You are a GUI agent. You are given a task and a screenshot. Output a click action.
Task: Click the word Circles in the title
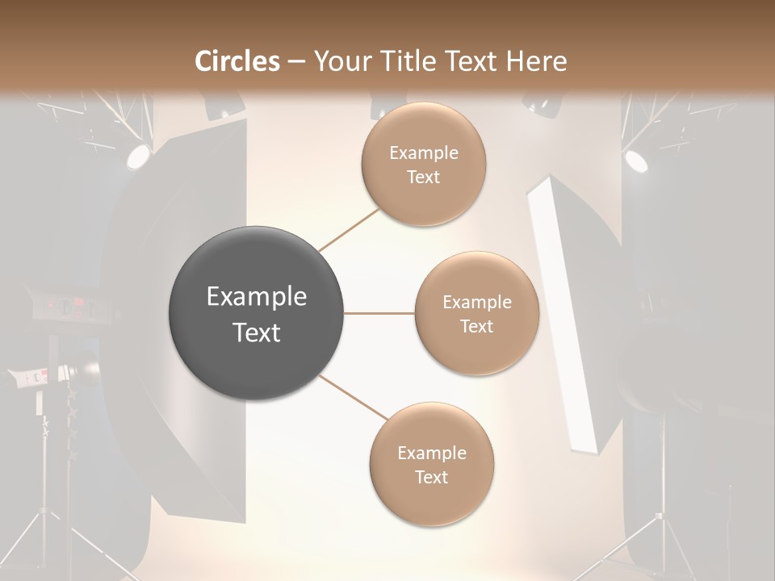[x=237, y=61]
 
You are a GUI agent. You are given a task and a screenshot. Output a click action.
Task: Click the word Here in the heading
[x=536, y=61]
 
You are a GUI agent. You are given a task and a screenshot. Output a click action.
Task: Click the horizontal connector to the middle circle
[x=379, y=313]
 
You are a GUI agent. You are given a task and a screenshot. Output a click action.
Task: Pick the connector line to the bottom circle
[x=354, y=398]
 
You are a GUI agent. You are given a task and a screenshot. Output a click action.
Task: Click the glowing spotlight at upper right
[x=636, y=161]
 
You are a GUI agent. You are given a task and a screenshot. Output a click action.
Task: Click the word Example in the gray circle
[x=257, y=297]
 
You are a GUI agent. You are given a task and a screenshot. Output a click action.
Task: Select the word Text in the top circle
[x=423, y=178]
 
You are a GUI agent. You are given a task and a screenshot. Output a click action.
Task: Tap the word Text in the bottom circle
[x=431, y=478]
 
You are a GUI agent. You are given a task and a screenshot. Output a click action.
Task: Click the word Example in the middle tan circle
[x=476, y=303]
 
